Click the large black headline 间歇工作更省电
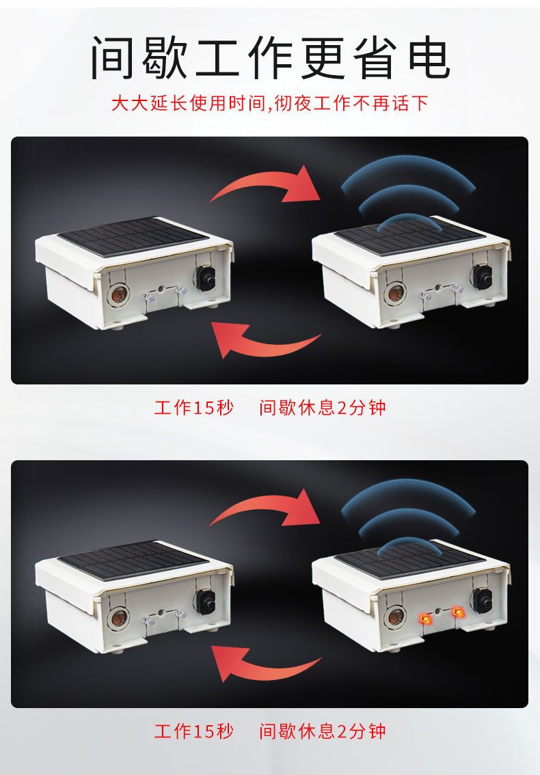(270, 58)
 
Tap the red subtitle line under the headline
(270, 103)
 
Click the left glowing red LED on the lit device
(424, 619)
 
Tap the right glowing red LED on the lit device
(459, 612)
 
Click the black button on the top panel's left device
(205, 279)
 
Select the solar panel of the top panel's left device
(133, 236)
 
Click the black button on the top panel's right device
(481, 277)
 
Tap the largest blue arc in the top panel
(408, 169)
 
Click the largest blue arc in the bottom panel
(408, 493)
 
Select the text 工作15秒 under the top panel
(194, 408)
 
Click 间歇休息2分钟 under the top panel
(322, 408)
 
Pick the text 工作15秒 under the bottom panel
(194, 731)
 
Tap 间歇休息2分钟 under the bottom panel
(322, 731)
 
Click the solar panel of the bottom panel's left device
(133, 559)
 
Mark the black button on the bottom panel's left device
(205, 602)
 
